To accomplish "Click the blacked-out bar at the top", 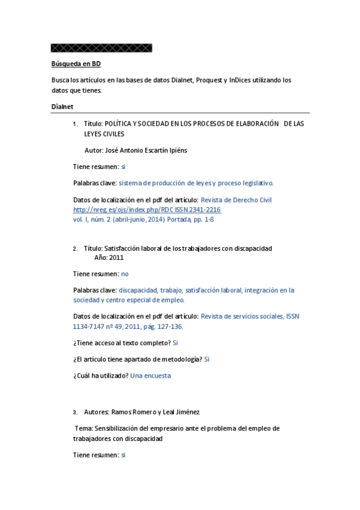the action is point(102,48).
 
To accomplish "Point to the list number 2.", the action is point(75,248).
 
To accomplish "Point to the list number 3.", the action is point(75,413).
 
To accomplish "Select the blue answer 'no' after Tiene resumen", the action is point(125,274).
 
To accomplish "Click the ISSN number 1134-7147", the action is point(88,327).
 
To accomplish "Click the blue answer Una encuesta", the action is point(150,375).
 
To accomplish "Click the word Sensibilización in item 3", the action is point(117,429).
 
